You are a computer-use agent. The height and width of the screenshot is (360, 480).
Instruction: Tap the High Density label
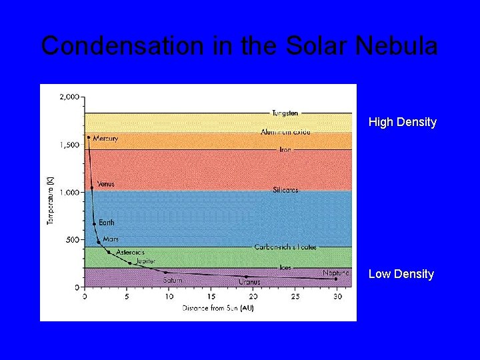[402, 122]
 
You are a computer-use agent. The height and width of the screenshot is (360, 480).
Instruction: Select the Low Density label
[401, 274]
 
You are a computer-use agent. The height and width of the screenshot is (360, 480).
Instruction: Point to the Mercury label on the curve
[105, 138]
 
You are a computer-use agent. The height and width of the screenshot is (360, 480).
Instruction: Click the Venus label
[105, 184]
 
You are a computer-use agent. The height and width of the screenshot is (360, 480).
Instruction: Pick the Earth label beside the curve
[106, 222]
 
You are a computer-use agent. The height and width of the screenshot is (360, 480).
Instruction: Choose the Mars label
[111, 239]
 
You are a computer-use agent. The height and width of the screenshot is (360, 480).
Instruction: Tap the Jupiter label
[145, 261]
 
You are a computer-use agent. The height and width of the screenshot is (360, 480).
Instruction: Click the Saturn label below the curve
[173, 280]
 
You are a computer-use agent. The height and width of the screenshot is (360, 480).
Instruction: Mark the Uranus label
[249, 282]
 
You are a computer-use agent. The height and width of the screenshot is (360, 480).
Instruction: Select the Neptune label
[335, 273]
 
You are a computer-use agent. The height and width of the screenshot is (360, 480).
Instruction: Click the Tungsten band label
[285, 113]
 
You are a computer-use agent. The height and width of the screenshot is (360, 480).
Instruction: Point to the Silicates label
[285, 190]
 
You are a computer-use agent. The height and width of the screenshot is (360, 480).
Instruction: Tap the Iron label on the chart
[285, 149]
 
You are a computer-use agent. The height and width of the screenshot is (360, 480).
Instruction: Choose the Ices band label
[285, 267]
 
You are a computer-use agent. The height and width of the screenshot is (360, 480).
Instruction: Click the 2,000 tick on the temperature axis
[69, 97]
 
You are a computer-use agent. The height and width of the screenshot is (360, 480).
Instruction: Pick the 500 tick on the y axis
[72, 239]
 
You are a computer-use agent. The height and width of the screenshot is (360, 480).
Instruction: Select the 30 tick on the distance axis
[337, 297]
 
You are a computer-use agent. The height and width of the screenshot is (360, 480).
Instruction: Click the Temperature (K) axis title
[50, 199]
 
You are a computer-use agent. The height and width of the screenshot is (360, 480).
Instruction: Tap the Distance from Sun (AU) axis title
[218, 308]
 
